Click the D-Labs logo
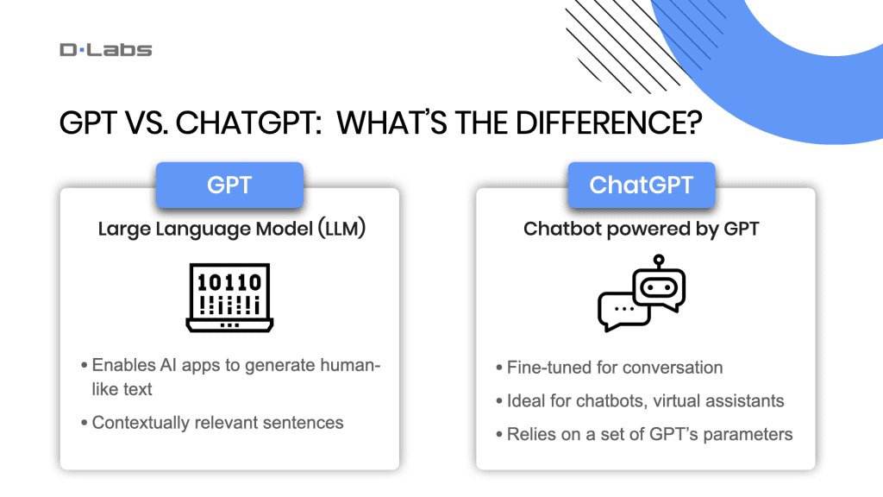(x=105, y=49)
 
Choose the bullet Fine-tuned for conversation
(x=615, y=368)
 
